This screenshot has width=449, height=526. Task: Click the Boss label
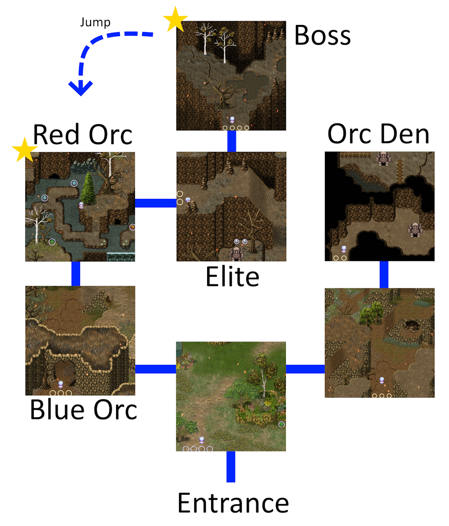pos(322,35)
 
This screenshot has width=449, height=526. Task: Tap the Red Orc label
pos(82,134)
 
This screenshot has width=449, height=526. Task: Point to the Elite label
pos(232,277)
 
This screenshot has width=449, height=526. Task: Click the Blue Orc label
pos(83,409)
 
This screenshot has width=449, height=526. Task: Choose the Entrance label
pos(233,503)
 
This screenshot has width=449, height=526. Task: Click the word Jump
pos(95,22)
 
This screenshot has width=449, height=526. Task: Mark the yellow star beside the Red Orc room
pos(25,150)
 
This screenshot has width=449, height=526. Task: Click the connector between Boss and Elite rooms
pos(231,141)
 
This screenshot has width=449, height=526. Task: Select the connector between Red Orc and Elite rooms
pos(155,203)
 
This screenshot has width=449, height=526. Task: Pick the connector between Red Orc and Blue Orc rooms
pos(76,274)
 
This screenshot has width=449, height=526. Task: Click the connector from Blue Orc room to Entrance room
pos(155,369)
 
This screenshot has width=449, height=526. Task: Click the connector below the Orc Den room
pos(383,274)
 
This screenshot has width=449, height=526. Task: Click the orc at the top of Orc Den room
pos(383,158)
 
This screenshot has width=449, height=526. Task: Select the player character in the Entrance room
pos(202,440)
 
